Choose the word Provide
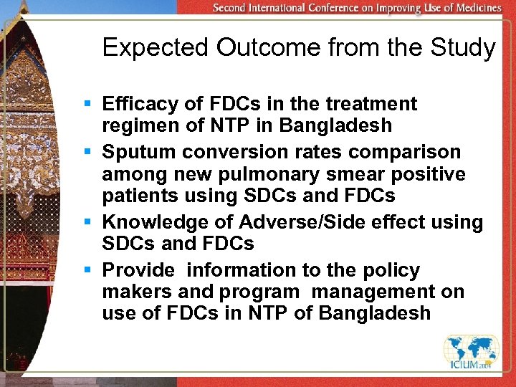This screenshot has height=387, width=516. (138, 271)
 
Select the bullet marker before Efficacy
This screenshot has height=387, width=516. (87, 105)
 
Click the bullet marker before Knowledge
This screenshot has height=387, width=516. (87, 223)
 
